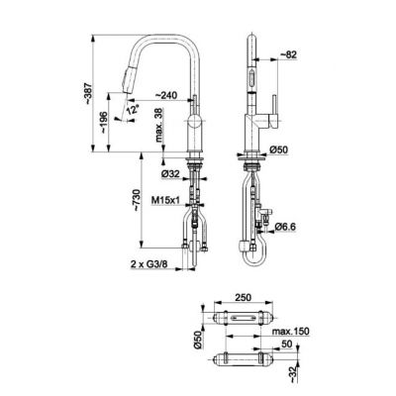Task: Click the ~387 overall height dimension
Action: [87, 93]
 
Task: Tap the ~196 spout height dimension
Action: [104, 122]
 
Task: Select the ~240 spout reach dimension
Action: [166, 95]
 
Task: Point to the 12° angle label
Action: [133, 109]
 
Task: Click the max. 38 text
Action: [159, 125]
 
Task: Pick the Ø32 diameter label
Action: [170, 173]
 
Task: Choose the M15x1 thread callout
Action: [165, 199]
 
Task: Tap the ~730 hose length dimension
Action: [137, 200]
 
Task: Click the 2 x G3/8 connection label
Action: [148, 263]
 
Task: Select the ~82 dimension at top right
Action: [288, 55]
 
